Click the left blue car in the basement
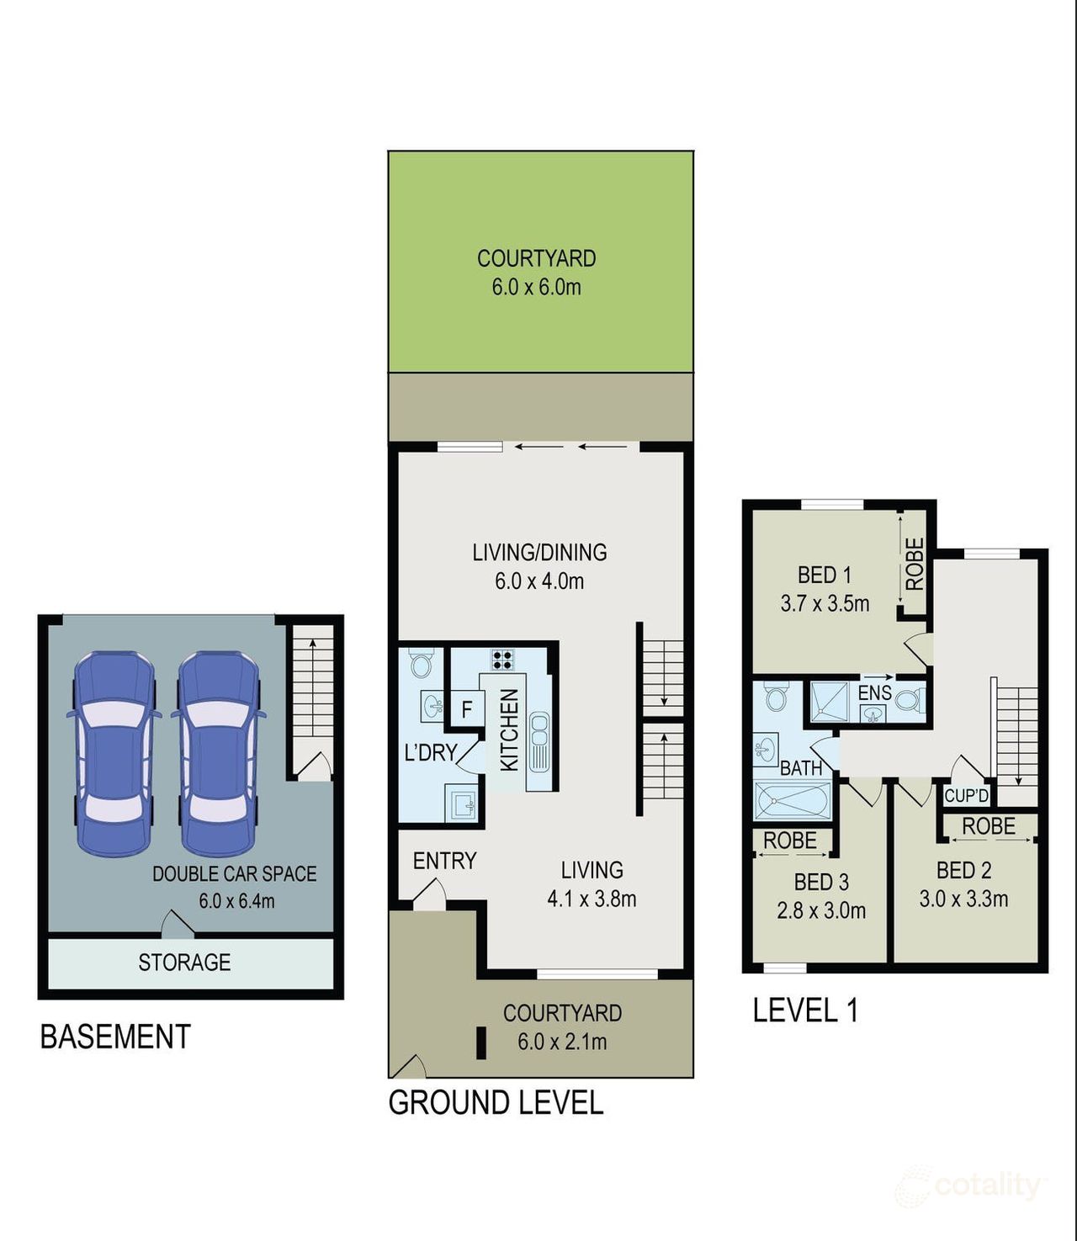coord(113,752)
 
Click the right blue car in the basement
coord(218,752)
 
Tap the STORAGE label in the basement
coord(184,963)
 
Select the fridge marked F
coord(467,709)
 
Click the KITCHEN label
coord(510,729)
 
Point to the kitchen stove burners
coord(502,660)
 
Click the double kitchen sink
coord(538,740)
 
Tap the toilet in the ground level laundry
coord(420,664)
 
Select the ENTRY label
coord(444,861)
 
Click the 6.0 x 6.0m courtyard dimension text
coord(536,288)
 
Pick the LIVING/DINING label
coord(539,553)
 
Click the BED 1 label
coord(824,575)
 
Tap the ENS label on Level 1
coord(874,693)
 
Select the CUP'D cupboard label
coord(966,796)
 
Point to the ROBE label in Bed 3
coord(789,841)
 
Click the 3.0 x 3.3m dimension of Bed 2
coord(963,899)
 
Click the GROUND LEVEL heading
coord(496,1103)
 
